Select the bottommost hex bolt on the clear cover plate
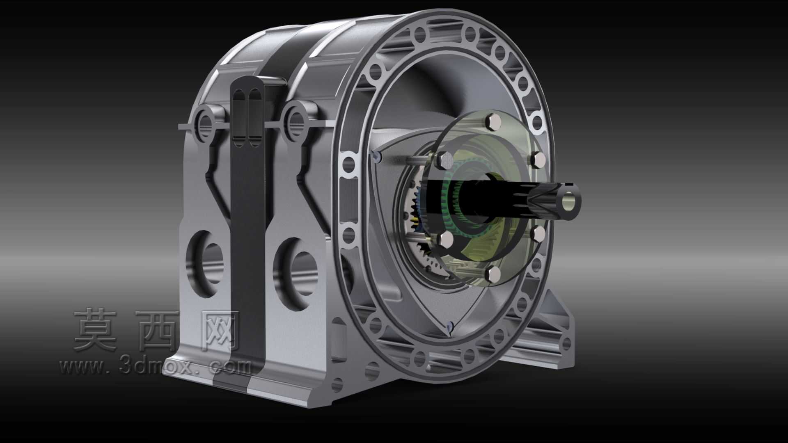click(493, 274)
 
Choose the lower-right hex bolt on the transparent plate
click(538, 233)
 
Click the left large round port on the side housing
click(205, 263)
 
